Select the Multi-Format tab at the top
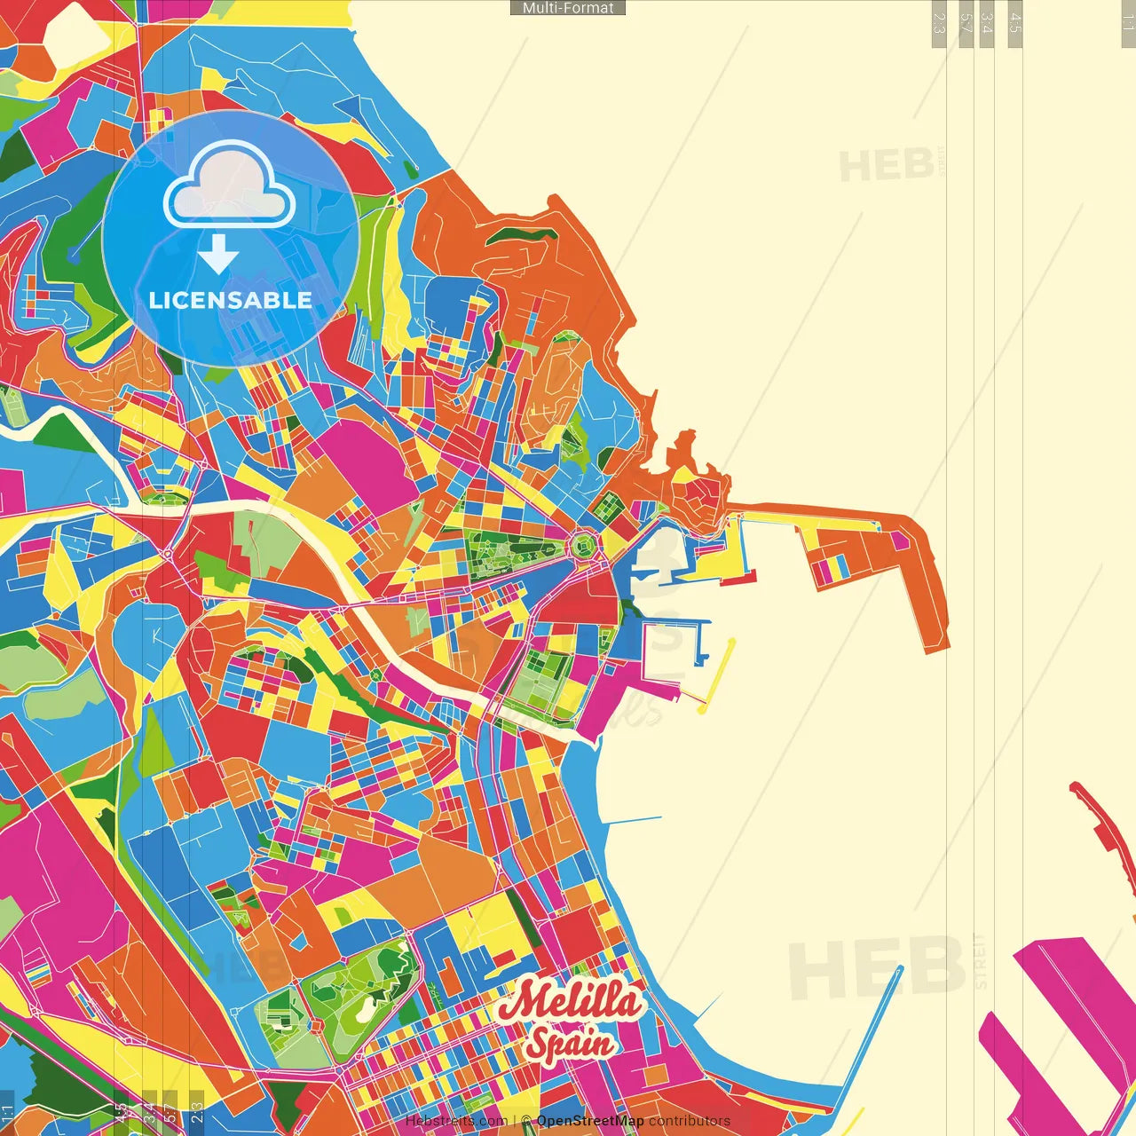(568, 8)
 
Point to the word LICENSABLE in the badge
(231, 300)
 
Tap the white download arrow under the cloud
(218, 255)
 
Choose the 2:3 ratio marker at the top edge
(939, 23)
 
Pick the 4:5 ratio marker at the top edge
(1015, 23)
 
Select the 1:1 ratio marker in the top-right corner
(1127, 23)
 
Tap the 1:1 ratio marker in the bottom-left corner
(8, 1112)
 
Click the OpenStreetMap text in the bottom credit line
(589, 1121)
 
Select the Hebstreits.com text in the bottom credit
(455, 1121)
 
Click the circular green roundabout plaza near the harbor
(583, 544)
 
